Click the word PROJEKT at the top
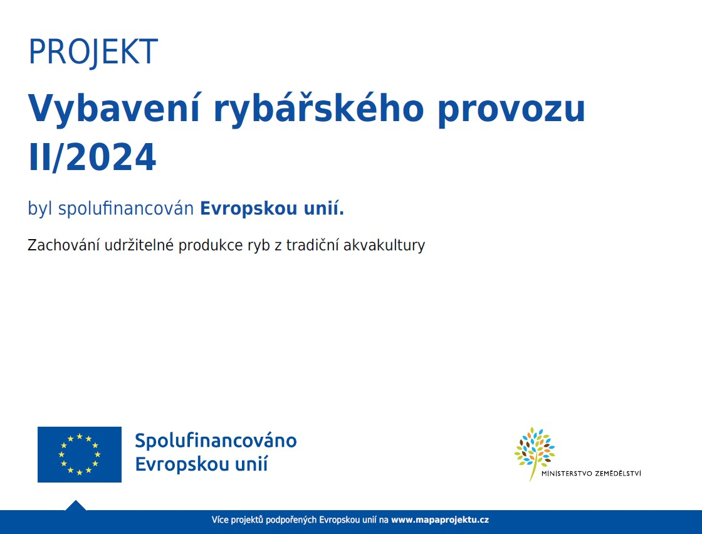click(93, 52)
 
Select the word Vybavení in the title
click(113, 109)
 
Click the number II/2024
click(92, 157)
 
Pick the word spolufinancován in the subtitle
click(126, 209)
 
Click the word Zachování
click(63, 245)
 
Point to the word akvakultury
click(384, 246)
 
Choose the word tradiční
click(313, 245)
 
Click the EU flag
click(80, 455)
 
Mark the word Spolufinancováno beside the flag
click(216, 441)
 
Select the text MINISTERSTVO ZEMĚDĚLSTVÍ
click(592, 474)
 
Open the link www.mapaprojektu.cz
click(440, 520)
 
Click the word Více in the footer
click(220, 520)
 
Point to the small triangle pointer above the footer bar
click(76, 505)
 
